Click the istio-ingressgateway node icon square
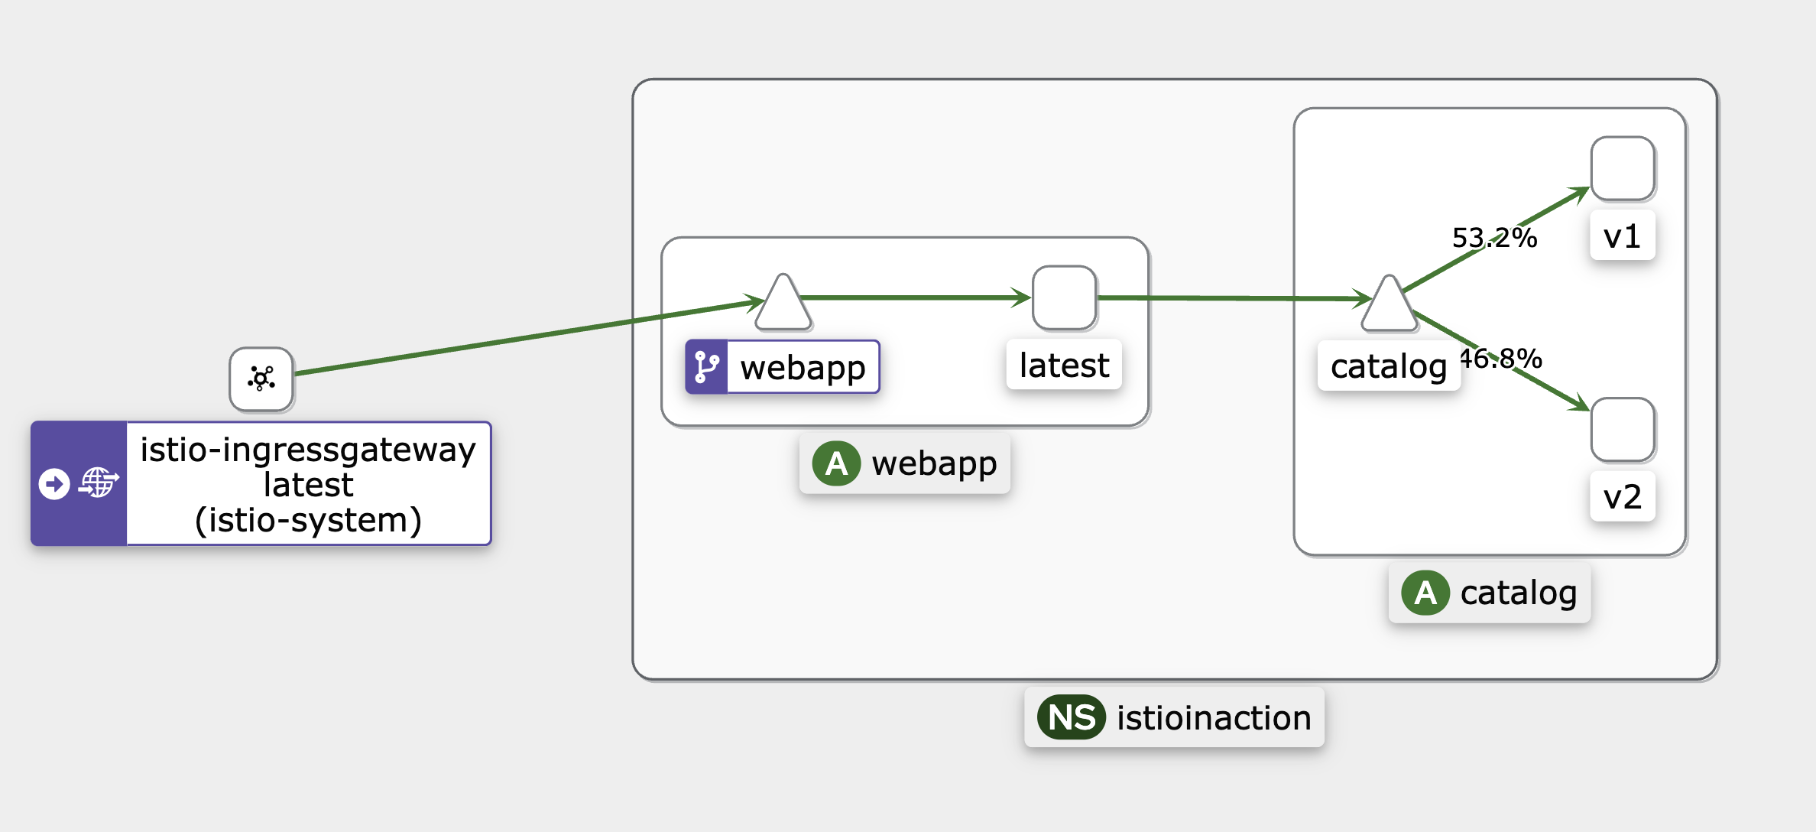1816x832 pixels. (x=261, y=379)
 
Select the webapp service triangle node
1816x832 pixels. (x=783, y=303)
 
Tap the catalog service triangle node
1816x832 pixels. (x=1390, y=304)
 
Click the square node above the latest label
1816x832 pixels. (x=1064, y=298)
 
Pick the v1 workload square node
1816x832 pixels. (x=1623, y=169)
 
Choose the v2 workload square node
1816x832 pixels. (x=1623, y=430)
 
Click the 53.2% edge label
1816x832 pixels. (x=1494, y=238)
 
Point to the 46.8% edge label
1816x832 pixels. (x=1501, y=359)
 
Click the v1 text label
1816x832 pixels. (x=1622, y=236)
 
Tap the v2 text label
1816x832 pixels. (x=1622, y=497)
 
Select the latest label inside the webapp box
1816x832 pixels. (x=1064, y=365)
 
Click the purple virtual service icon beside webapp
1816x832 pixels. (x=706, y=367)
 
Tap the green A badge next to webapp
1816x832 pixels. (x=836, y=463)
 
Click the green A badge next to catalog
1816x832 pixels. (x=1425, y=593)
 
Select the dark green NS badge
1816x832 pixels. (x=1072, y=717)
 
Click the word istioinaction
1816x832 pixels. (x=1214, y=718)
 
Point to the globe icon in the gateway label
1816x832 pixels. (x=99, y=483)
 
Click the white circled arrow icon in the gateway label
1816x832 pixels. (x=54, y=483)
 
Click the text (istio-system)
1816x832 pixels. (x=308, y=521)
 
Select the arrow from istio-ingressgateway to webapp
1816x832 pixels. (x=530, y=337)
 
